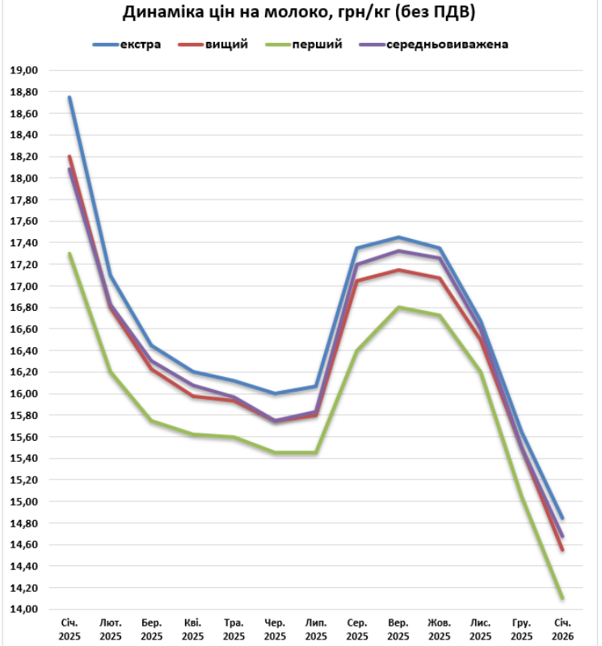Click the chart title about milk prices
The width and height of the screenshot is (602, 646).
299,13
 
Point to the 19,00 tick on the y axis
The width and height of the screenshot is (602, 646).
24,70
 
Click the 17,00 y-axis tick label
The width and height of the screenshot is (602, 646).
24,286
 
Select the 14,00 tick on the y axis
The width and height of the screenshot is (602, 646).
24,610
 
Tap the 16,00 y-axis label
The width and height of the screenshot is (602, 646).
24,394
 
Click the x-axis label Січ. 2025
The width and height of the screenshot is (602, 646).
69,630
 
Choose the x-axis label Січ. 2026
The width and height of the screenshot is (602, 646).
562,630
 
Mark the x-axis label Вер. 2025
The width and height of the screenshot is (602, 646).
398,630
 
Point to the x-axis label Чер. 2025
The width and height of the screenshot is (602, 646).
275,630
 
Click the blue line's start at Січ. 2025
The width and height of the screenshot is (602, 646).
69,98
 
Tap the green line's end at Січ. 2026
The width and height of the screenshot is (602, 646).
562,598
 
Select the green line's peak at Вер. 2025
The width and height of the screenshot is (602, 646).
398,307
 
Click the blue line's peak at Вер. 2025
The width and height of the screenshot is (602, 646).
398,237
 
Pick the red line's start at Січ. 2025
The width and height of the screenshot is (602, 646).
69,157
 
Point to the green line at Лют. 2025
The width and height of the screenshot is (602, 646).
111,372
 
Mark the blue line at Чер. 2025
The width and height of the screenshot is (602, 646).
275,393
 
